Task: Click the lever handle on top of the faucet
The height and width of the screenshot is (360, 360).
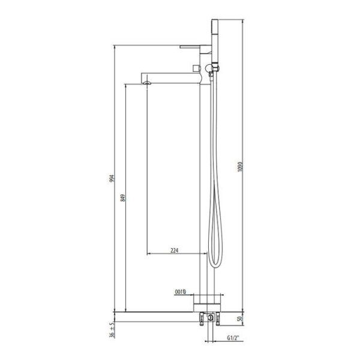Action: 194,47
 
